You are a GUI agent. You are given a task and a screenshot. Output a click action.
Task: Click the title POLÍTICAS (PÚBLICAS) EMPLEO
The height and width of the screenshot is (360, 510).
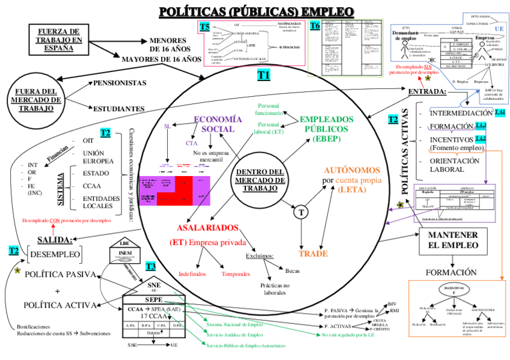pyautogui.click(x=256, y=11)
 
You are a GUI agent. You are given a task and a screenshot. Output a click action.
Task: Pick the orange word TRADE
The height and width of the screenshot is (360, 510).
pyautogui.click(x=313, y=253)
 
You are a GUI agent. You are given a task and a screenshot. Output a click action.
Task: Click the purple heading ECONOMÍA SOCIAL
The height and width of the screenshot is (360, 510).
pyautogui.click(x=217, y=124)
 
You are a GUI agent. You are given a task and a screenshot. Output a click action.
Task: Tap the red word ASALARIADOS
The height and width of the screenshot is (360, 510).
pyautogui.click(x=208, y=228)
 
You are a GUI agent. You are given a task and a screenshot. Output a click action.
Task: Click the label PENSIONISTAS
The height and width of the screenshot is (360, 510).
pyautogui.click(x=120, y=82)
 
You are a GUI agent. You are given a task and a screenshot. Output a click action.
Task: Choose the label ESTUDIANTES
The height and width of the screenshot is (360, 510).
pyautogui.click(x=118, y=109)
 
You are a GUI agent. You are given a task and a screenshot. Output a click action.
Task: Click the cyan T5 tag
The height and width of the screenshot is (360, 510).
pyautogui.click(x=205, y=26)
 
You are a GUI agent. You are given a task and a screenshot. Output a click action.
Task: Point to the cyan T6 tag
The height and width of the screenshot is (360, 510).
pyautogui.click(x=315, y=26)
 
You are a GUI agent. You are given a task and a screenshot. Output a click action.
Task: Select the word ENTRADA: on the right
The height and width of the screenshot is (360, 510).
pyautogui.click(x=427, y=92)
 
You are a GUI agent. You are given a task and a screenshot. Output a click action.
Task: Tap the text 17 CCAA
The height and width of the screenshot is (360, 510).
pyautogui.click(x=153, y=316)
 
